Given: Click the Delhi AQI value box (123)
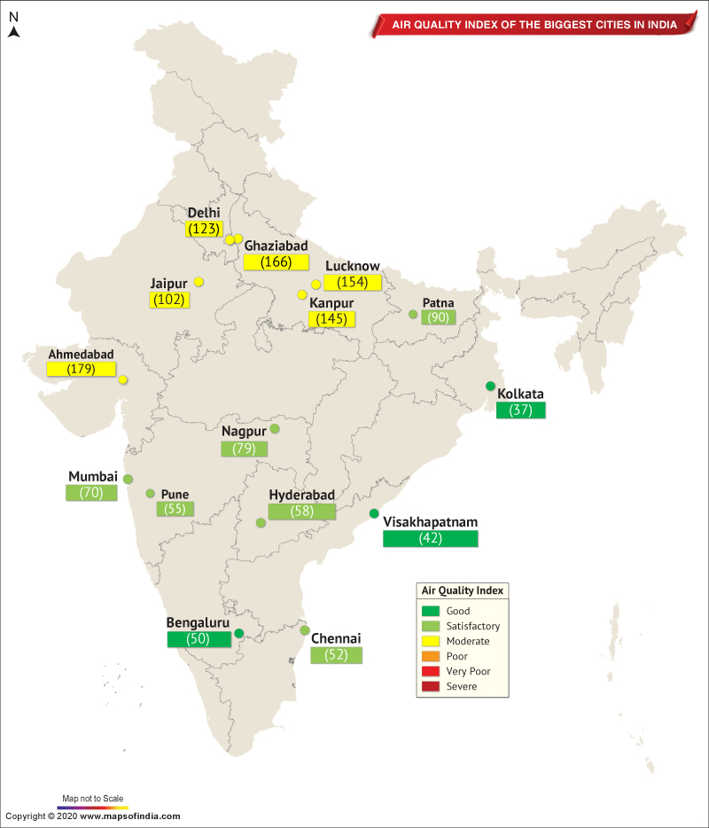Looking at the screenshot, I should (x=204, y=229).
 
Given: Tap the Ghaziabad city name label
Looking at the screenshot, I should (x=276, y=246).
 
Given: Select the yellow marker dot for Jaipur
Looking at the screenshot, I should (x=199, y=282).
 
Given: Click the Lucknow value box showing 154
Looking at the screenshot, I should (x=353, y=282).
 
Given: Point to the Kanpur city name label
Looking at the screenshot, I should (x=331, y=303).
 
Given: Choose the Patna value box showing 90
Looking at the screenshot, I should (x=438, y=317).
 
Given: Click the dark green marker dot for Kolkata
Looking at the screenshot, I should (x=490, y=386).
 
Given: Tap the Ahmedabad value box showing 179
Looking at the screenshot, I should (x=81, y=369).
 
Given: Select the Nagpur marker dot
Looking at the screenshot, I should (x=275, y=429).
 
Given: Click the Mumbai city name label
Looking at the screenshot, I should (x=93, y=477).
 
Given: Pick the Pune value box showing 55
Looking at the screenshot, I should (x=175, y=509).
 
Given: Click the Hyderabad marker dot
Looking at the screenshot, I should (x=261, y=523).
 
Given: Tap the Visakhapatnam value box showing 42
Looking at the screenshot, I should (x=430, y=538).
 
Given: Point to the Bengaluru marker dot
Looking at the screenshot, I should (x=239, y=633).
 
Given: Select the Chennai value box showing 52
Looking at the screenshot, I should (x=336, y=655).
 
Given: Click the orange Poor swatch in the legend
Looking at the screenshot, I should (x=431, y=656).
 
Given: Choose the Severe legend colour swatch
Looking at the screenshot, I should (x=431, y=686).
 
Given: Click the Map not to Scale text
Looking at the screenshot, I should (x=93, y=798).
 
